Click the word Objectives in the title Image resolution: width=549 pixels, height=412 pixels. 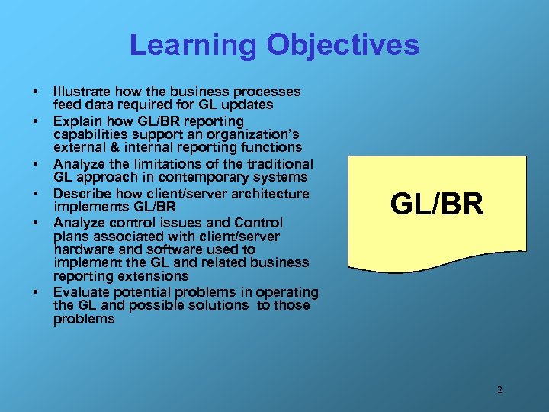(x=342, y=45)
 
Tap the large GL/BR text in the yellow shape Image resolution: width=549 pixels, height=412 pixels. (x=437, y=204)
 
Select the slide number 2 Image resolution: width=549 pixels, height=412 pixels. (x=499, y=390)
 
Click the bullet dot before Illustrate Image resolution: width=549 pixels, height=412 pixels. (x=35, y=92)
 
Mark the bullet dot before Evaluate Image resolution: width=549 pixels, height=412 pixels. (x=35, y=293)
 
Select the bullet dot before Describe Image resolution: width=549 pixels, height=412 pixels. (x=35, y=195)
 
